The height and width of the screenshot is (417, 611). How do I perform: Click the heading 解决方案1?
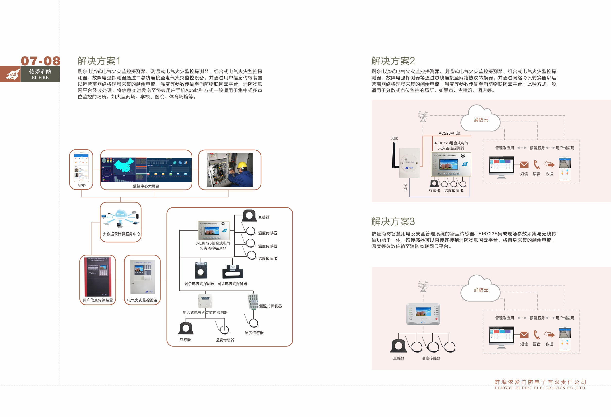(99, 61)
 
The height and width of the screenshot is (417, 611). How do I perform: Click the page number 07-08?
(41, 61)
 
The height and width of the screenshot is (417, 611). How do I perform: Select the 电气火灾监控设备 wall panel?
(142, 277)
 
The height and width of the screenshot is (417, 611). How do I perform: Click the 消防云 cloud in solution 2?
(481, 120)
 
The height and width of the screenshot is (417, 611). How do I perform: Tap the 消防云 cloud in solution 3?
(481, 290)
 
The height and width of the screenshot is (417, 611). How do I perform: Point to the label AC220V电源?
(449, 133)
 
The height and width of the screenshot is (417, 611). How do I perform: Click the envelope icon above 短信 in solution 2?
(524, 165)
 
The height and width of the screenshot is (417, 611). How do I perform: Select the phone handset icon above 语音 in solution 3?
(536, 335)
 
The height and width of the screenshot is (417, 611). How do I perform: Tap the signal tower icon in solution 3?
(423, 286)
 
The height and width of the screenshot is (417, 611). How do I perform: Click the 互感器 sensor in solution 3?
(398, 346)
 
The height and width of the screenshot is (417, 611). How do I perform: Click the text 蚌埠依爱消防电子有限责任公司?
(540, 382)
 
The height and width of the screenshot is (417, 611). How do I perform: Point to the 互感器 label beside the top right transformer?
(264, 217)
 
